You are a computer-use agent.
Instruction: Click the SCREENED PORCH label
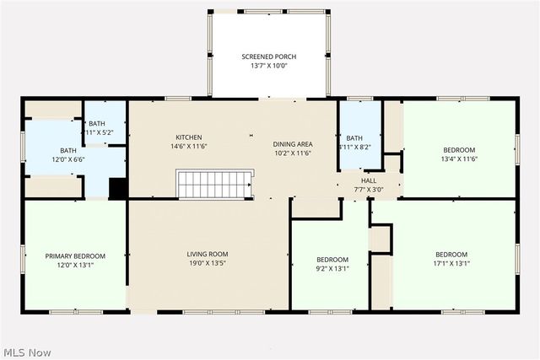coord(269,56)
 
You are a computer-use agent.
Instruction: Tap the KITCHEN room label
coord(188,137)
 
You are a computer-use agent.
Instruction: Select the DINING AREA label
coord(292,144)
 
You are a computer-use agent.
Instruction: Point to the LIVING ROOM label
coord(208,254)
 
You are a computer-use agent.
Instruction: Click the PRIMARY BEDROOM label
coord(75,255)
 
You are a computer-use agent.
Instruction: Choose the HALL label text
coord(370,180)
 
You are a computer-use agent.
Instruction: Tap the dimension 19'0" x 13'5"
coord(208,263)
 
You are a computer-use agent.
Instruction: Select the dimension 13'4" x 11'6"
coord(459,159)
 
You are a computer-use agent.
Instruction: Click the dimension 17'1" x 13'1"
coord(451,263)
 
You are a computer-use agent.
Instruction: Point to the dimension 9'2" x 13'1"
coord(332,269)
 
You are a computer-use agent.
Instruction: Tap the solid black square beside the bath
coord(118,189)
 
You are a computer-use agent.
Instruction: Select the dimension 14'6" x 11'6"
coord(188,147)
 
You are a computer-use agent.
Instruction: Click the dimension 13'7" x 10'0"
coord(269,66)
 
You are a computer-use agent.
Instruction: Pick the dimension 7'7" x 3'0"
coord(370,190)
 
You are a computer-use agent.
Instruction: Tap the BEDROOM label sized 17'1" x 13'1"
coord(451,254)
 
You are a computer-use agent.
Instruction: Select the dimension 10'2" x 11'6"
coord(292,153)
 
